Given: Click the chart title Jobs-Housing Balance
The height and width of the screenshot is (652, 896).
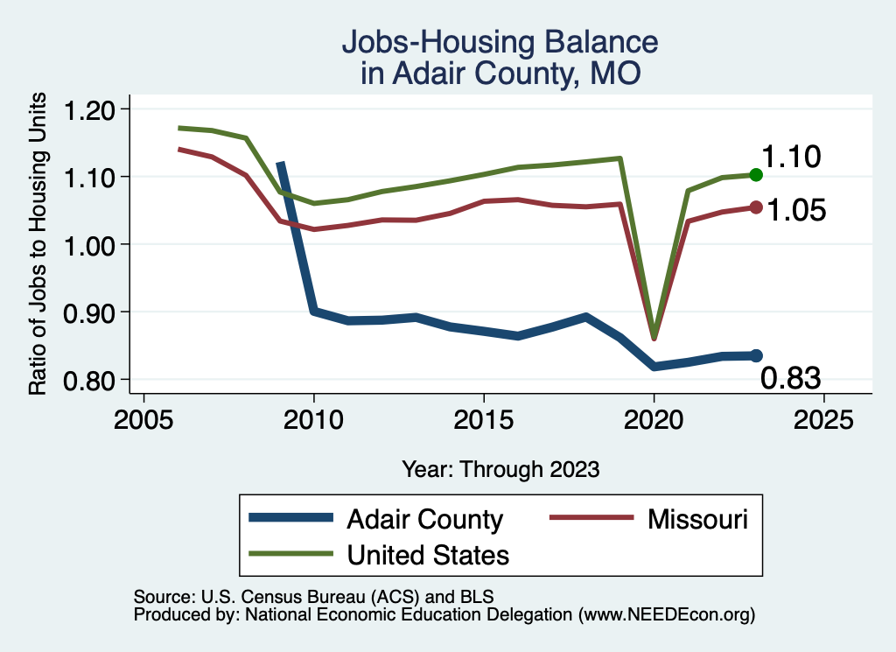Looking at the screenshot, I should pyautogui.click(x=499, y=42).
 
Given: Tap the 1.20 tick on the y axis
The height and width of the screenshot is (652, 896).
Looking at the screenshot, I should pyautogui.click(x=90, y=109).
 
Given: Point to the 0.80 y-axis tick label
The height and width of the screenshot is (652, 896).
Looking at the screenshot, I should pyautogui.click(x=90, y=380).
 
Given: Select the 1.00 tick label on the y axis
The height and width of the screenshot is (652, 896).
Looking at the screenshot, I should pyautogui.click(x=90, y=244).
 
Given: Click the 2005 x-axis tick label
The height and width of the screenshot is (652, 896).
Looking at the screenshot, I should pyautogui.click(x=143, y=418).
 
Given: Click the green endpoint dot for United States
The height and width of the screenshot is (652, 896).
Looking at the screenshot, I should pyautogui.click(x=756, y=175).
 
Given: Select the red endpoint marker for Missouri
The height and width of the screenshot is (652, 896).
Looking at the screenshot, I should pyautogui.click(x=756, y=207).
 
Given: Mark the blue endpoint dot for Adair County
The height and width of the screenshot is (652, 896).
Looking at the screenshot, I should pyautogui.click(x=756, y=355).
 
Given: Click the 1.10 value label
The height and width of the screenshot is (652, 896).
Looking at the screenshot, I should pyautogui.click(x=790, y=158).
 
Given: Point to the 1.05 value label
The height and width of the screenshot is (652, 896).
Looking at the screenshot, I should pyautogui.click(x=796, y=210).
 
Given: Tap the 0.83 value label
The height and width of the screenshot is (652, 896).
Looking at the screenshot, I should pyautogui.click(x=790, y=378).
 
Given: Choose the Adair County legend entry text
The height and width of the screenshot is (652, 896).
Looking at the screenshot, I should pyautogui.click(x=424, y=519).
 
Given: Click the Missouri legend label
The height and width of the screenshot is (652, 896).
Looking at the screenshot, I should pyautogui.click(x=697, y=519).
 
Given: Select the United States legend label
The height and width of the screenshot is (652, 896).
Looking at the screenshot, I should pyautogui.click(x=428, y=554).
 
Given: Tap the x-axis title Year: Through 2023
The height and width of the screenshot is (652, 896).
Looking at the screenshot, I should pyautogui.click(x=500, y=468).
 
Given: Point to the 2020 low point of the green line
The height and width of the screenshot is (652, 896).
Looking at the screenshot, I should pyautogui.click(x=654, y=334).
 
